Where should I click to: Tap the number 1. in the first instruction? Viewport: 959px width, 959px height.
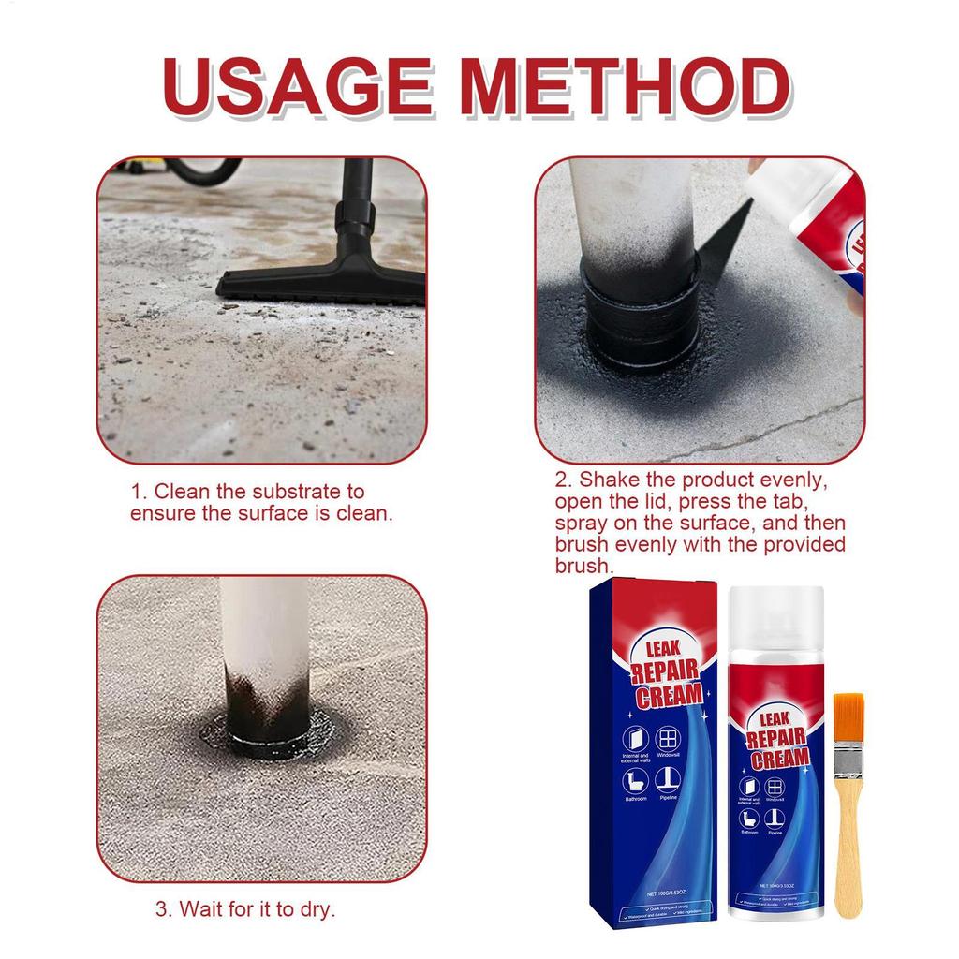click(139, 492)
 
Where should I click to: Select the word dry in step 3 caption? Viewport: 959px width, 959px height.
click(315, 908)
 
